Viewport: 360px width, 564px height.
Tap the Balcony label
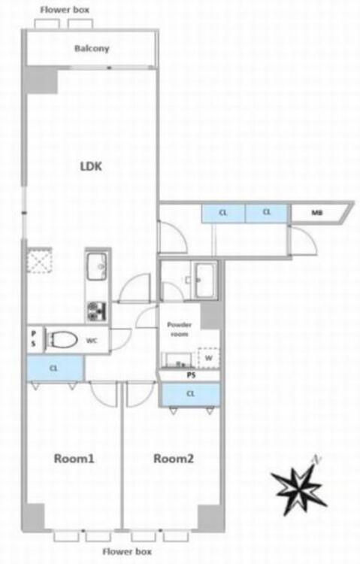pyautogui.click(x=92, y=49)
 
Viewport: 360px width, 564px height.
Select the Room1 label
pyautogui.click(x=73, y=457)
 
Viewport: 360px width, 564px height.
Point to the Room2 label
pyautogui.click(x=174, y=457)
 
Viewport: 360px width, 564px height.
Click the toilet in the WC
pyautogui.click(x=62, y=340)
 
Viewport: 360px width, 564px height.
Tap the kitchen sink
pyautogui.click(x=98, y=266)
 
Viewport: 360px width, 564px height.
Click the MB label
pyautogui.click(x=317, y=214)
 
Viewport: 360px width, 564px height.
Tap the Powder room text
pyautogui.click(x=179, y=329)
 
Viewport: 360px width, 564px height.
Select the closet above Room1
pyautogui.click(x=54, y=368)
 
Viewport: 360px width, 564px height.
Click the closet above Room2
pyautogui.click(x=191, y=393)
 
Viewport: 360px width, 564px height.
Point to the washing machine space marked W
pyautogui.click(x=209, y=359)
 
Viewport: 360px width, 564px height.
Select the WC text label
pyautogui.click(x=92, y=340)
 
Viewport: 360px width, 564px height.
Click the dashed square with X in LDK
pyautogui.click(x=38, y=261)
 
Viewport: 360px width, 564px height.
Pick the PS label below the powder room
pyautogui.click(x=191, y=374)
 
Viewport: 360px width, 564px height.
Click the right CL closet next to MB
pyautogui.click(x=266, y=214)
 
